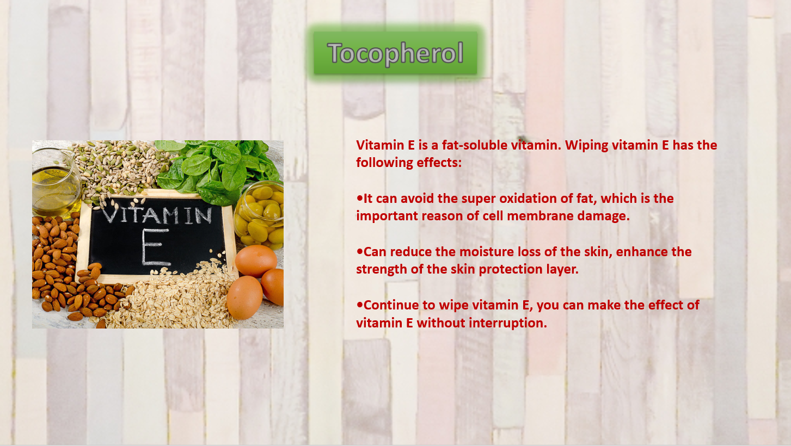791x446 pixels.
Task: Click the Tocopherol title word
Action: click(x=395, y=53)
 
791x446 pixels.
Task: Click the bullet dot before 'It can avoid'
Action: click(x=359, y=199)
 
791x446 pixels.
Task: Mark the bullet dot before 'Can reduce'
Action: click(x=359, y=252)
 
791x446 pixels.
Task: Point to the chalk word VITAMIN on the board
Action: click(x=157, y=214)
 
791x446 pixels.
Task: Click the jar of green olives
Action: click(x=259, y=214)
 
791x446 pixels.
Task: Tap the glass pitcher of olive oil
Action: click(x=56, y=182)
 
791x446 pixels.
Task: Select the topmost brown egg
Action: click(x=256, y=261)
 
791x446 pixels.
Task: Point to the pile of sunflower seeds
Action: click(x=120, y=169)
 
